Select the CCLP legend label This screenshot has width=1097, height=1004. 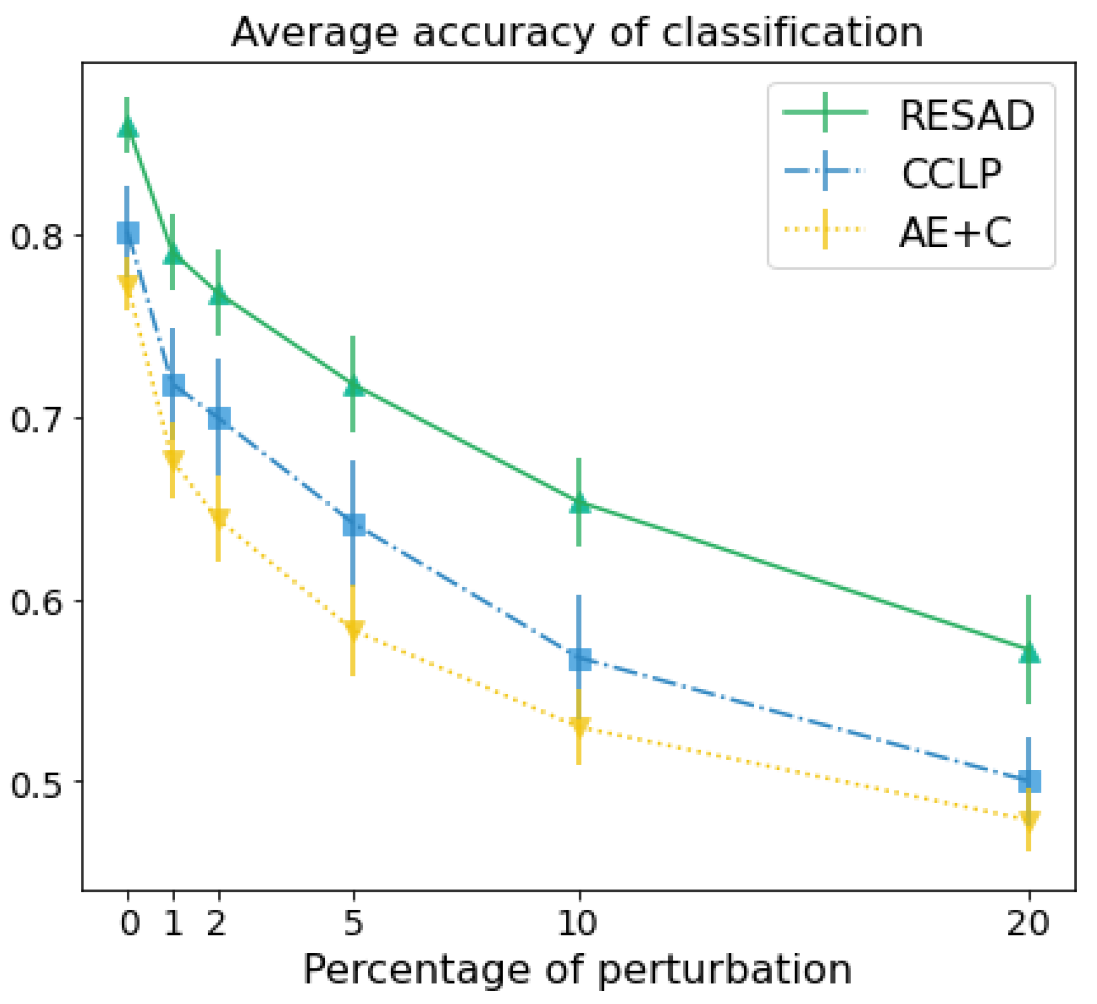[951, 174]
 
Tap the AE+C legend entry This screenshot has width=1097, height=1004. [954, 232]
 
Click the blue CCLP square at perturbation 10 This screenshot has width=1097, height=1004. [579, 660]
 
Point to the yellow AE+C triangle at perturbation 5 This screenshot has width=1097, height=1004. [353, 629]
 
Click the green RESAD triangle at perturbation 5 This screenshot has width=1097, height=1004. [353, 386]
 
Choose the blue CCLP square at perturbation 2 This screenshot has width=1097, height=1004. [218, 418]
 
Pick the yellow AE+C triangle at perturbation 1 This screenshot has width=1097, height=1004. [173, 458]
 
